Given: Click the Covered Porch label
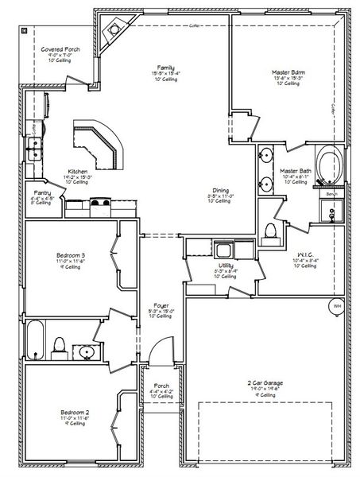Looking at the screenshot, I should (x=60, y=48).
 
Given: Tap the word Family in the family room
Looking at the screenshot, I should (x=165, y=68).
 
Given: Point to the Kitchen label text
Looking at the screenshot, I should (x=77, y=171).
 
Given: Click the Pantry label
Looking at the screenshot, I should (x=42, y=193).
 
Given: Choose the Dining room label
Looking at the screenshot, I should (x=220, y=190).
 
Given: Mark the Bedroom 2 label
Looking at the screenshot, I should (x=72, y=413).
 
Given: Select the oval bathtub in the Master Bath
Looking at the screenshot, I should (x=327, y=165).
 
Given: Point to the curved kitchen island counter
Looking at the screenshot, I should (x=98, y=144).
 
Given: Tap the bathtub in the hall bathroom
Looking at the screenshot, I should (x=35, y=339).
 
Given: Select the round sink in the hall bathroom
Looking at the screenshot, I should (x=87, y=350).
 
